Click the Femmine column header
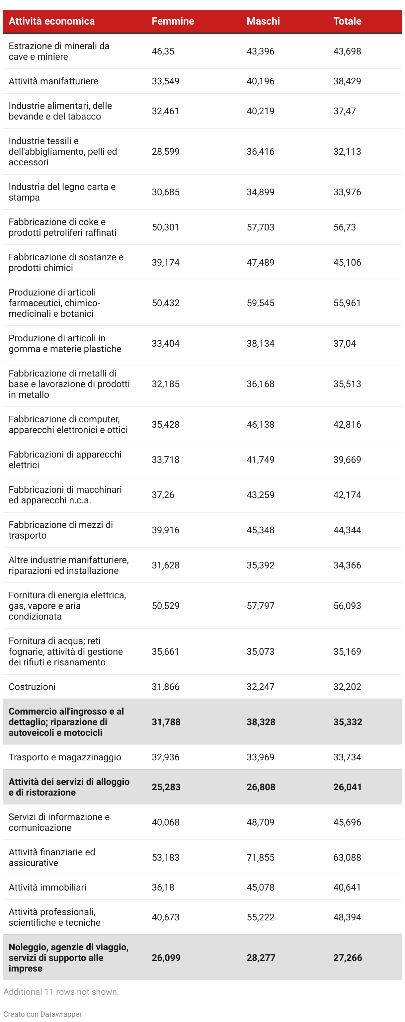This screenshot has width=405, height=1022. click(x=173, y=21)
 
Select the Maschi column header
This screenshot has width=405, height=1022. click(x=263, y=21)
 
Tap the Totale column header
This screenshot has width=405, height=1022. click(x=347, y=21)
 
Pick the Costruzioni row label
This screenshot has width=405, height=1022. click(x=32, y=687)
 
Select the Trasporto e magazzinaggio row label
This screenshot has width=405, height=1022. click(x=65, y=757)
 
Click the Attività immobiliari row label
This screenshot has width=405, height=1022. click(x=47, y=887)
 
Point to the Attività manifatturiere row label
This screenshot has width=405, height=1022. click(x=53, y=81)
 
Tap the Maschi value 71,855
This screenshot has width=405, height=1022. click(x=261, y=857)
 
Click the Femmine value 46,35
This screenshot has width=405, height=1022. click(x=163, y=51)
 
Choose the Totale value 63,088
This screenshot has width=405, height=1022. click(x=347, y=857)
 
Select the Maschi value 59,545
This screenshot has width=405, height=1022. click(x=261, y=303)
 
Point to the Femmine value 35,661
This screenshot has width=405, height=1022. click(x=165, y=651)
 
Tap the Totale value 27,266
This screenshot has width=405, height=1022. click(x=348, y=957)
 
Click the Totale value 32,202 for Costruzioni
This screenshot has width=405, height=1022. click(x=347, y=687)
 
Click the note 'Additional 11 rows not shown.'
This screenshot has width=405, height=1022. click(x=61, y=991)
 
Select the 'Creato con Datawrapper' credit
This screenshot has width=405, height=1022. click(x=42, y=1014)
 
